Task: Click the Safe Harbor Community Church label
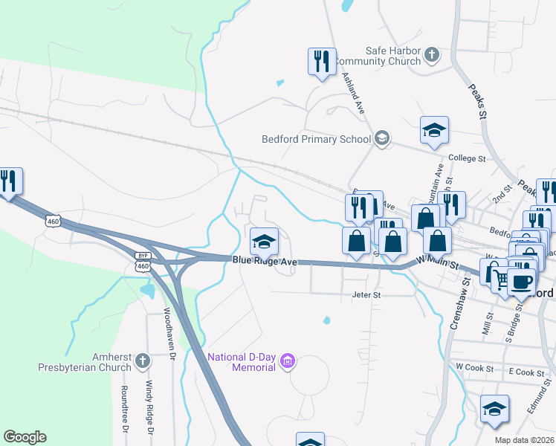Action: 378,56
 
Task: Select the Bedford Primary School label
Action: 316,139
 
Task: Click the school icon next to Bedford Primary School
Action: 382,138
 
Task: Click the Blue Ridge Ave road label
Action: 265,261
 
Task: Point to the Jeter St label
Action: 366,295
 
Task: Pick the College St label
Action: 467,159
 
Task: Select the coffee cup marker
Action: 521,281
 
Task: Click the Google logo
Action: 25,437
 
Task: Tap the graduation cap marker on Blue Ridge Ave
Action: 264,241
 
